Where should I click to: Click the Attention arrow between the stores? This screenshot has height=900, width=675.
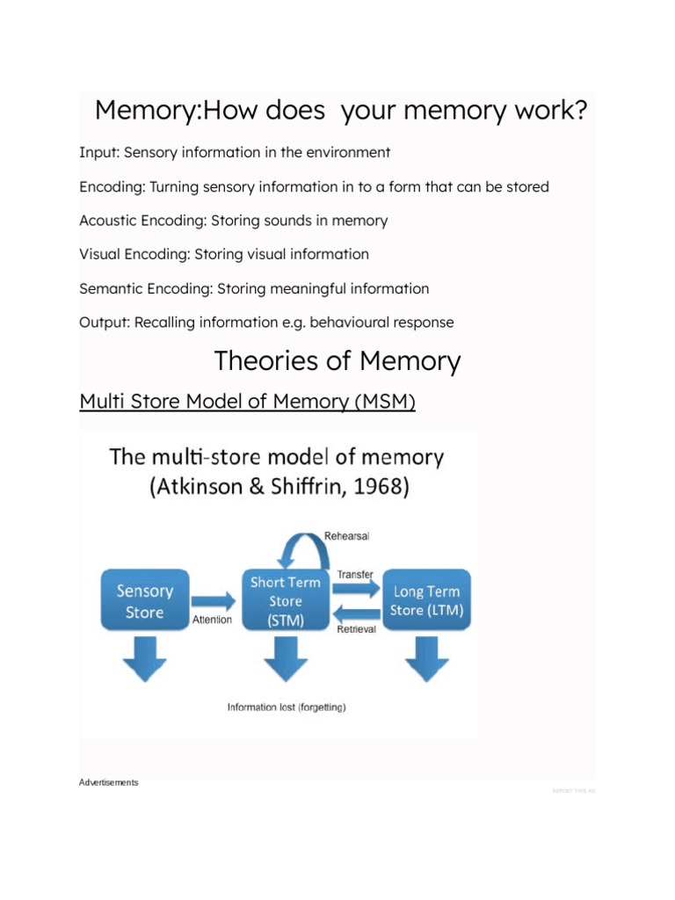(x=213, y=601)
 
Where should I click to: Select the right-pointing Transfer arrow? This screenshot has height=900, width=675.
(x=355, y=589)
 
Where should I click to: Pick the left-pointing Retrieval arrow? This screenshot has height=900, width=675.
(x=355, y=613)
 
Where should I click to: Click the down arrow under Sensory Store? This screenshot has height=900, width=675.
(x=144, y=659)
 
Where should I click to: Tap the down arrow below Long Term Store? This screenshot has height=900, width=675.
(x=426, y=659)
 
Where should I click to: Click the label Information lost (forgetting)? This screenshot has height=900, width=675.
(x=287, y=708)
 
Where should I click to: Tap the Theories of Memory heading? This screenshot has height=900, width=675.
(x=337, y=361)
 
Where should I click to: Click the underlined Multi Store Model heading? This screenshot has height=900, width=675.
(x=247, y=402)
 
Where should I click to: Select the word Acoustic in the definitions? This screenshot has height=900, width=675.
(x=107, y=221)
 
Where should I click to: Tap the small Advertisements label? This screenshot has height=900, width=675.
(x=108, y=782)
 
